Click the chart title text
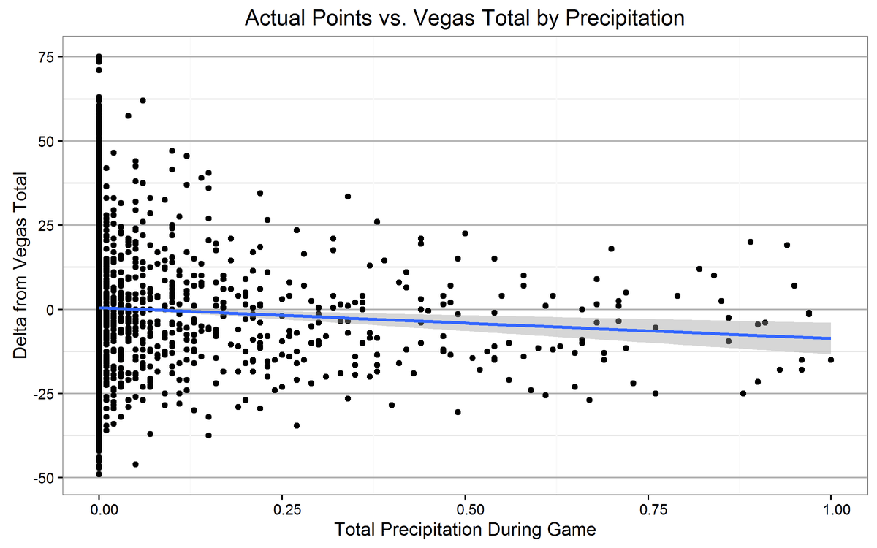coord(465,18)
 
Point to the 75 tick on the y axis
coord(44,57)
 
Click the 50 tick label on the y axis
coord(44,141)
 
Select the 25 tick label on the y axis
coord(44,225)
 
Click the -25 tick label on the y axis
coord(42,394)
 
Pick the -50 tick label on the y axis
coord(42,478)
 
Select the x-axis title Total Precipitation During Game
coord(465,528)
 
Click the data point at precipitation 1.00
coord(831,359)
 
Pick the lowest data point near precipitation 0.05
coord(135,464)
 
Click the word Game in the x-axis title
coord(577,528)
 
